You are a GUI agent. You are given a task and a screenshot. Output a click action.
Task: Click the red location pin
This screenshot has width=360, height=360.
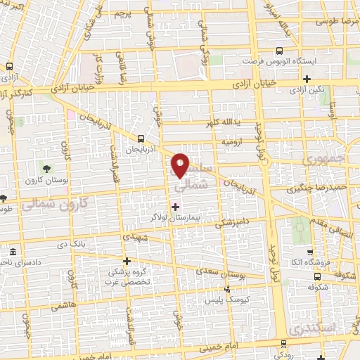point(181,165)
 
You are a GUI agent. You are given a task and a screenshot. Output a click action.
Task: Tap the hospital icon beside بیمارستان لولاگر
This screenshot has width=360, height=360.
point(175,207)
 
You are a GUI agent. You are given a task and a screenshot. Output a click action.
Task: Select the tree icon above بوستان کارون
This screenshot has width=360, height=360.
point(46,169)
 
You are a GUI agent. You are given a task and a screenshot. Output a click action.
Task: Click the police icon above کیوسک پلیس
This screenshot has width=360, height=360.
point(226,288)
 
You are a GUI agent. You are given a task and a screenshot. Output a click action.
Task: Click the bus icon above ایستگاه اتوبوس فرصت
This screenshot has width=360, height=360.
point(280,51)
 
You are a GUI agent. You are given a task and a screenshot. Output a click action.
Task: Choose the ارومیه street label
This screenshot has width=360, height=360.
point(233,141)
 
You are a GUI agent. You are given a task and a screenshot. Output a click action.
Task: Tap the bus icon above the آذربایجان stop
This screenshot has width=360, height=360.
point(142,139)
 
